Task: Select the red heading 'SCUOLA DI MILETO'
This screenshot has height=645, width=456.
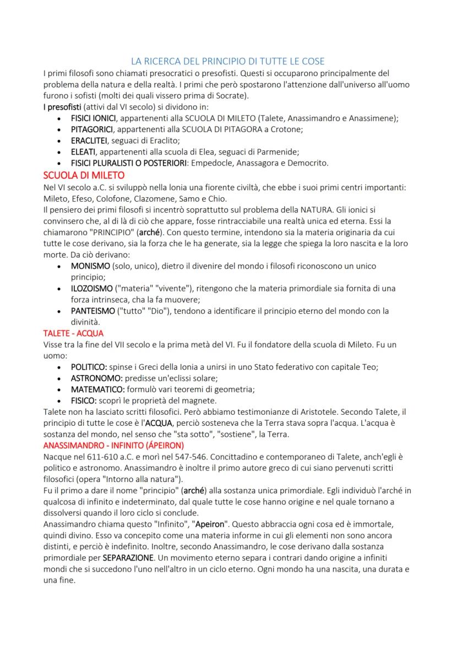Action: pyautogui.click(x=78, y=176)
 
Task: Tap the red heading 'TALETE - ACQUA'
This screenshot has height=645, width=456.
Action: pyautogui.click(x=73, y=333)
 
